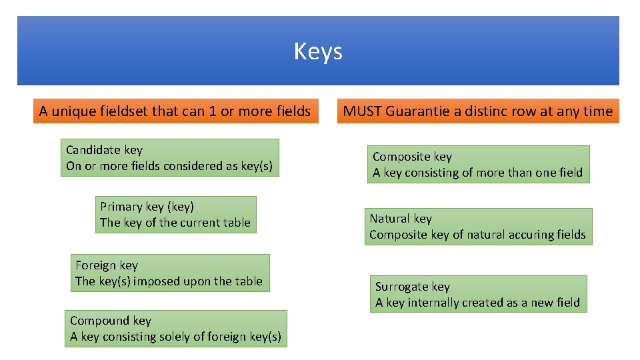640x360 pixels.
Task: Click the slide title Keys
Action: pyautogui.click(x=318, y=51)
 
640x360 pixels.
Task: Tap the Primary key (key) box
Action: pyautogui.click(x=175, y=215)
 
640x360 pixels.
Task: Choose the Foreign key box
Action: pyautogui.click(x=169, y=273)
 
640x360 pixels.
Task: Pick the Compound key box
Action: pyautogui.click(x=175, y=329)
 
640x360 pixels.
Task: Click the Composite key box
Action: pyautogui.click(x=477, y=165)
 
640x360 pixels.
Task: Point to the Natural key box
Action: pyautogui.click(x=477, y=227)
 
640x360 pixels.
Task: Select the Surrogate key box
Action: pyautogui.click(x=477, y=294)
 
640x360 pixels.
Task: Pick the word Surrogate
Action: pyautogui.click(x=402, y=287)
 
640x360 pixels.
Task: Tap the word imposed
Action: pyautogui.click(x=154, y=281)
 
